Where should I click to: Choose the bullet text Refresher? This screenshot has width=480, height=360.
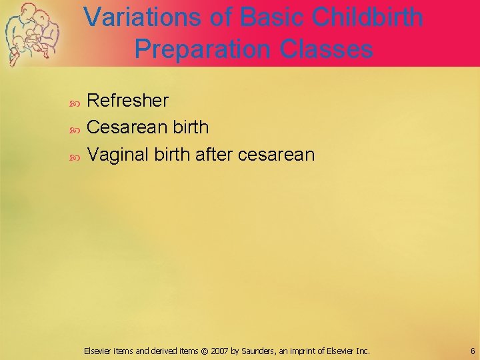coord(128,101)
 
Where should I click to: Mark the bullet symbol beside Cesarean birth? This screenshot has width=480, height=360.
coord(75,128)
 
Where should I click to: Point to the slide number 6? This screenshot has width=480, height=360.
coord(471,351)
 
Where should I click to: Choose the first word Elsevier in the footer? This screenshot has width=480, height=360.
coord(99,351)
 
